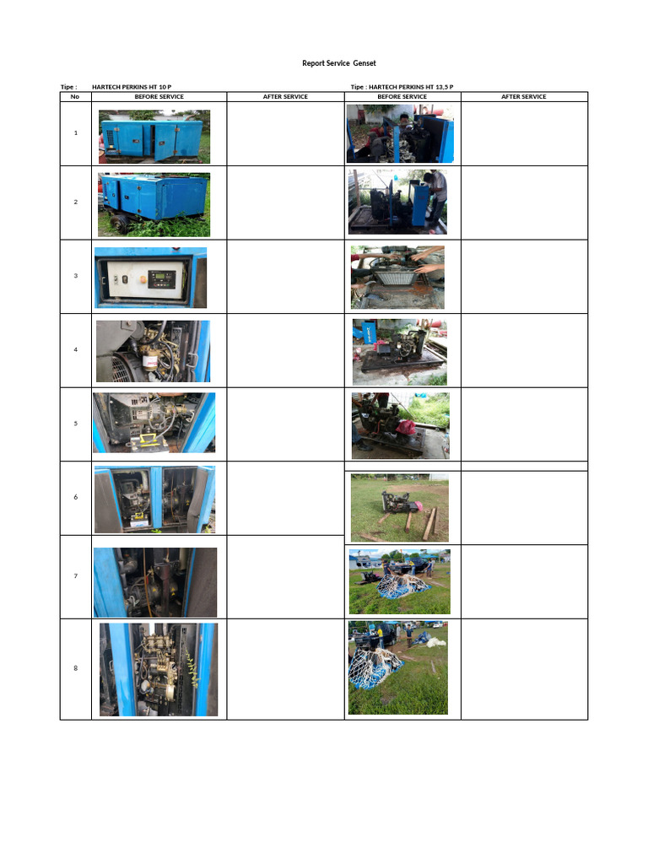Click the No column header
coord(75,96)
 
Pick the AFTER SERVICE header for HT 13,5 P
coord(523,96)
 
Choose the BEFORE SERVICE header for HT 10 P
coord(159,96)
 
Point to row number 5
coord(75,424)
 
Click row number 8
coord(75,668)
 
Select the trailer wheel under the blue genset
coord(121,224)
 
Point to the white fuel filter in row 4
coord(151,364)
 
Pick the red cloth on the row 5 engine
coord(407,428)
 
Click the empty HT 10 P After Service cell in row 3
coord(285,276)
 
